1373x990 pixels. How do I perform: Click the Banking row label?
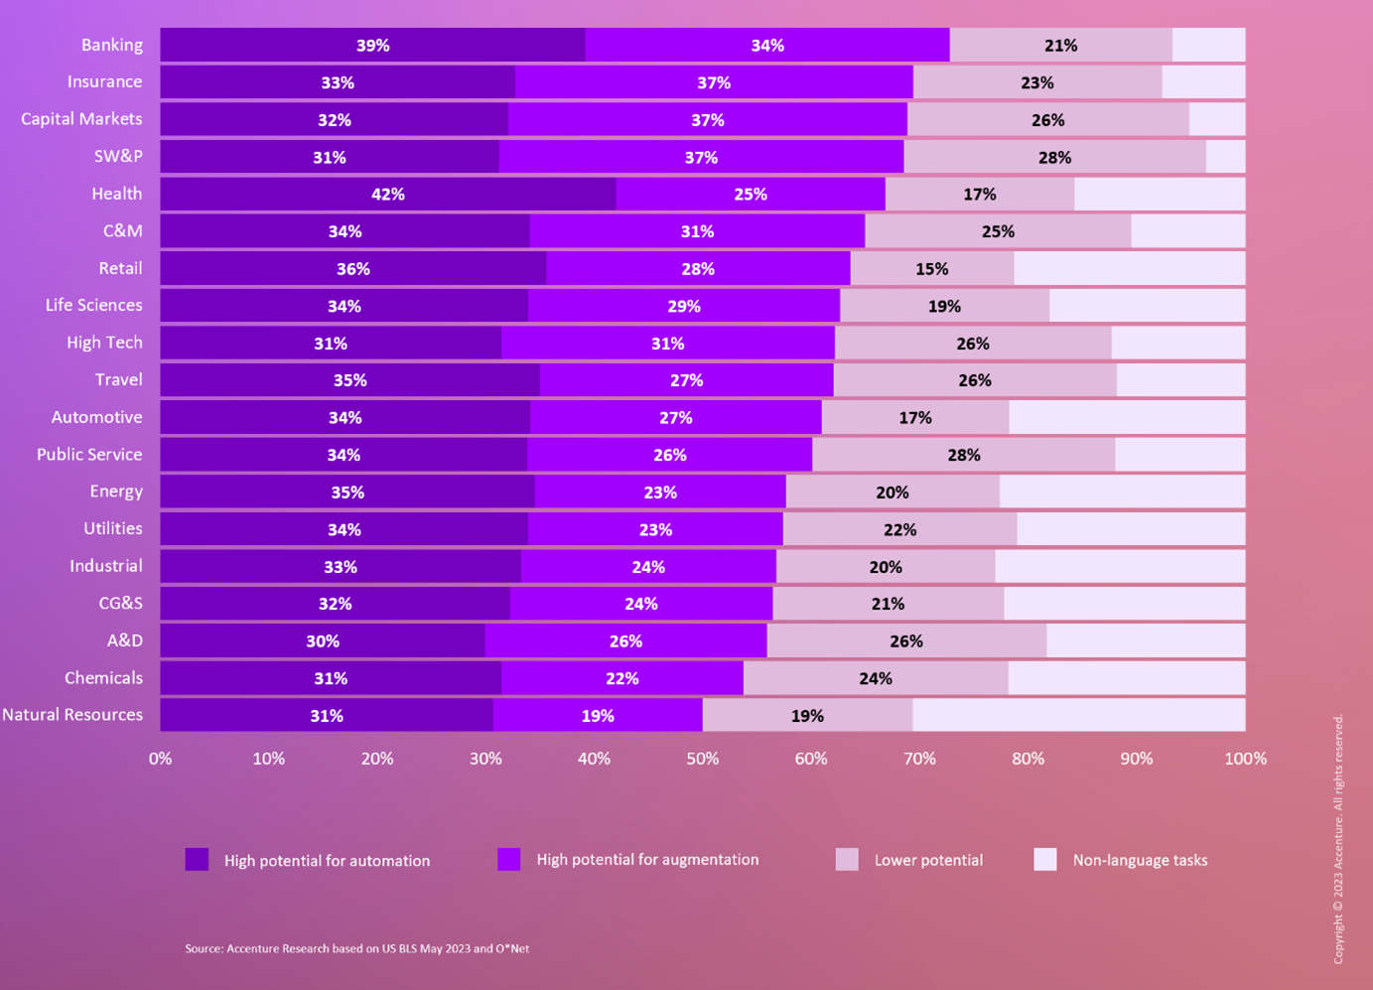[x=111, y=45]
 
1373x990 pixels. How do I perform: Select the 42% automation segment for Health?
[x=387, y=194]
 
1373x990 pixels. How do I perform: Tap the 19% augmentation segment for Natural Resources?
[x=598, y=715]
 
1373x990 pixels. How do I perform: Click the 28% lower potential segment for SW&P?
[x=1054, y=157]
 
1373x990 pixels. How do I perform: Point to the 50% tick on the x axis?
[x=703, y=759]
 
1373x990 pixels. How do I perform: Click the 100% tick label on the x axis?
[x=1245, y=759]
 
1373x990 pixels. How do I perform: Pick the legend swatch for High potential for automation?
[x=197, y=860]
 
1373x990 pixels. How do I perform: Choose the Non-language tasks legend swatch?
[x=1045, y=860]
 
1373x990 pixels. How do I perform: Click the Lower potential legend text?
[x=928, y=861]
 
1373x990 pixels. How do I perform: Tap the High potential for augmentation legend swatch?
[x=509, y=860]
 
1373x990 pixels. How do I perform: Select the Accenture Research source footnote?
[x=356, y=948]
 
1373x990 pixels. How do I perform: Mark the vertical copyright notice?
[x=1338, y=839]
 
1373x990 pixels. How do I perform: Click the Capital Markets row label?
[x=81, y=119]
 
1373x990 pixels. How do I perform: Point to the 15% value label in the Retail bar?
[x=931, y=269]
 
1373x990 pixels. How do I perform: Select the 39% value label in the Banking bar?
[x=373, y=46]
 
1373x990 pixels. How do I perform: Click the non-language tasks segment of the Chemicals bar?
[x=1126, y=678]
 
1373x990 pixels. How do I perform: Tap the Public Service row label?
[x=89, y=455]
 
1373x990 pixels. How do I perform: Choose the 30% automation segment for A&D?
[x=323, y=640]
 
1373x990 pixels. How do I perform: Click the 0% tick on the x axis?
[x=160, y=759]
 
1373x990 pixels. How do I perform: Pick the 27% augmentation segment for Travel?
[x=686, y=380]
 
